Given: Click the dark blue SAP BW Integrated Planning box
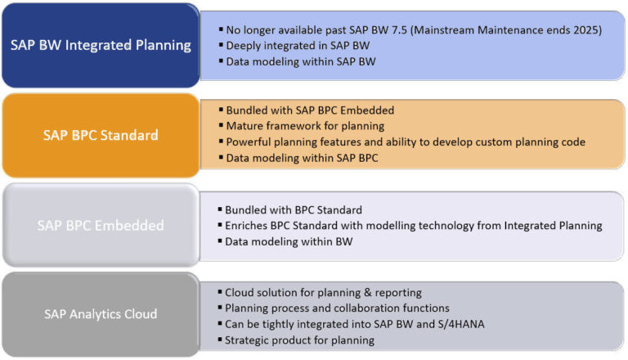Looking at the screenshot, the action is point(101,45).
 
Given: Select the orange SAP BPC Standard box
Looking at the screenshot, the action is point(101,135).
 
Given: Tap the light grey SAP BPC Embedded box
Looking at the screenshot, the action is point(101,225).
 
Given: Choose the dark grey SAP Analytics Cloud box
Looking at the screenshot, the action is point(101,314).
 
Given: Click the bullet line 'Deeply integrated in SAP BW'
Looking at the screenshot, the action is point(298,46).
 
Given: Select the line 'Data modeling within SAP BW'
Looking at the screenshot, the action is point(301,61).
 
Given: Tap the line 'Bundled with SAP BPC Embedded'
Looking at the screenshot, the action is point(310,110).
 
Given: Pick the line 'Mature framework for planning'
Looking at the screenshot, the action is point(305,126).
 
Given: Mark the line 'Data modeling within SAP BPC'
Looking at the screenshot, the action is point(302,158).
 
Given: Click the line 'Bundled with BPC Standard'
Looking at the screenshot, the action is point(294,210).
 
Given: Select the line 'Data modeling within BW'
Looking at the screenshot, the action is point(289,241).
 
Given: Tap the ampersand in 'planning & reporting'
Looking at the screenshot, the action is point(368,293).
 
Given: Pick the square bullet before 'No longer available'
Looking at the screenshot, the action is point(221,29).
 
